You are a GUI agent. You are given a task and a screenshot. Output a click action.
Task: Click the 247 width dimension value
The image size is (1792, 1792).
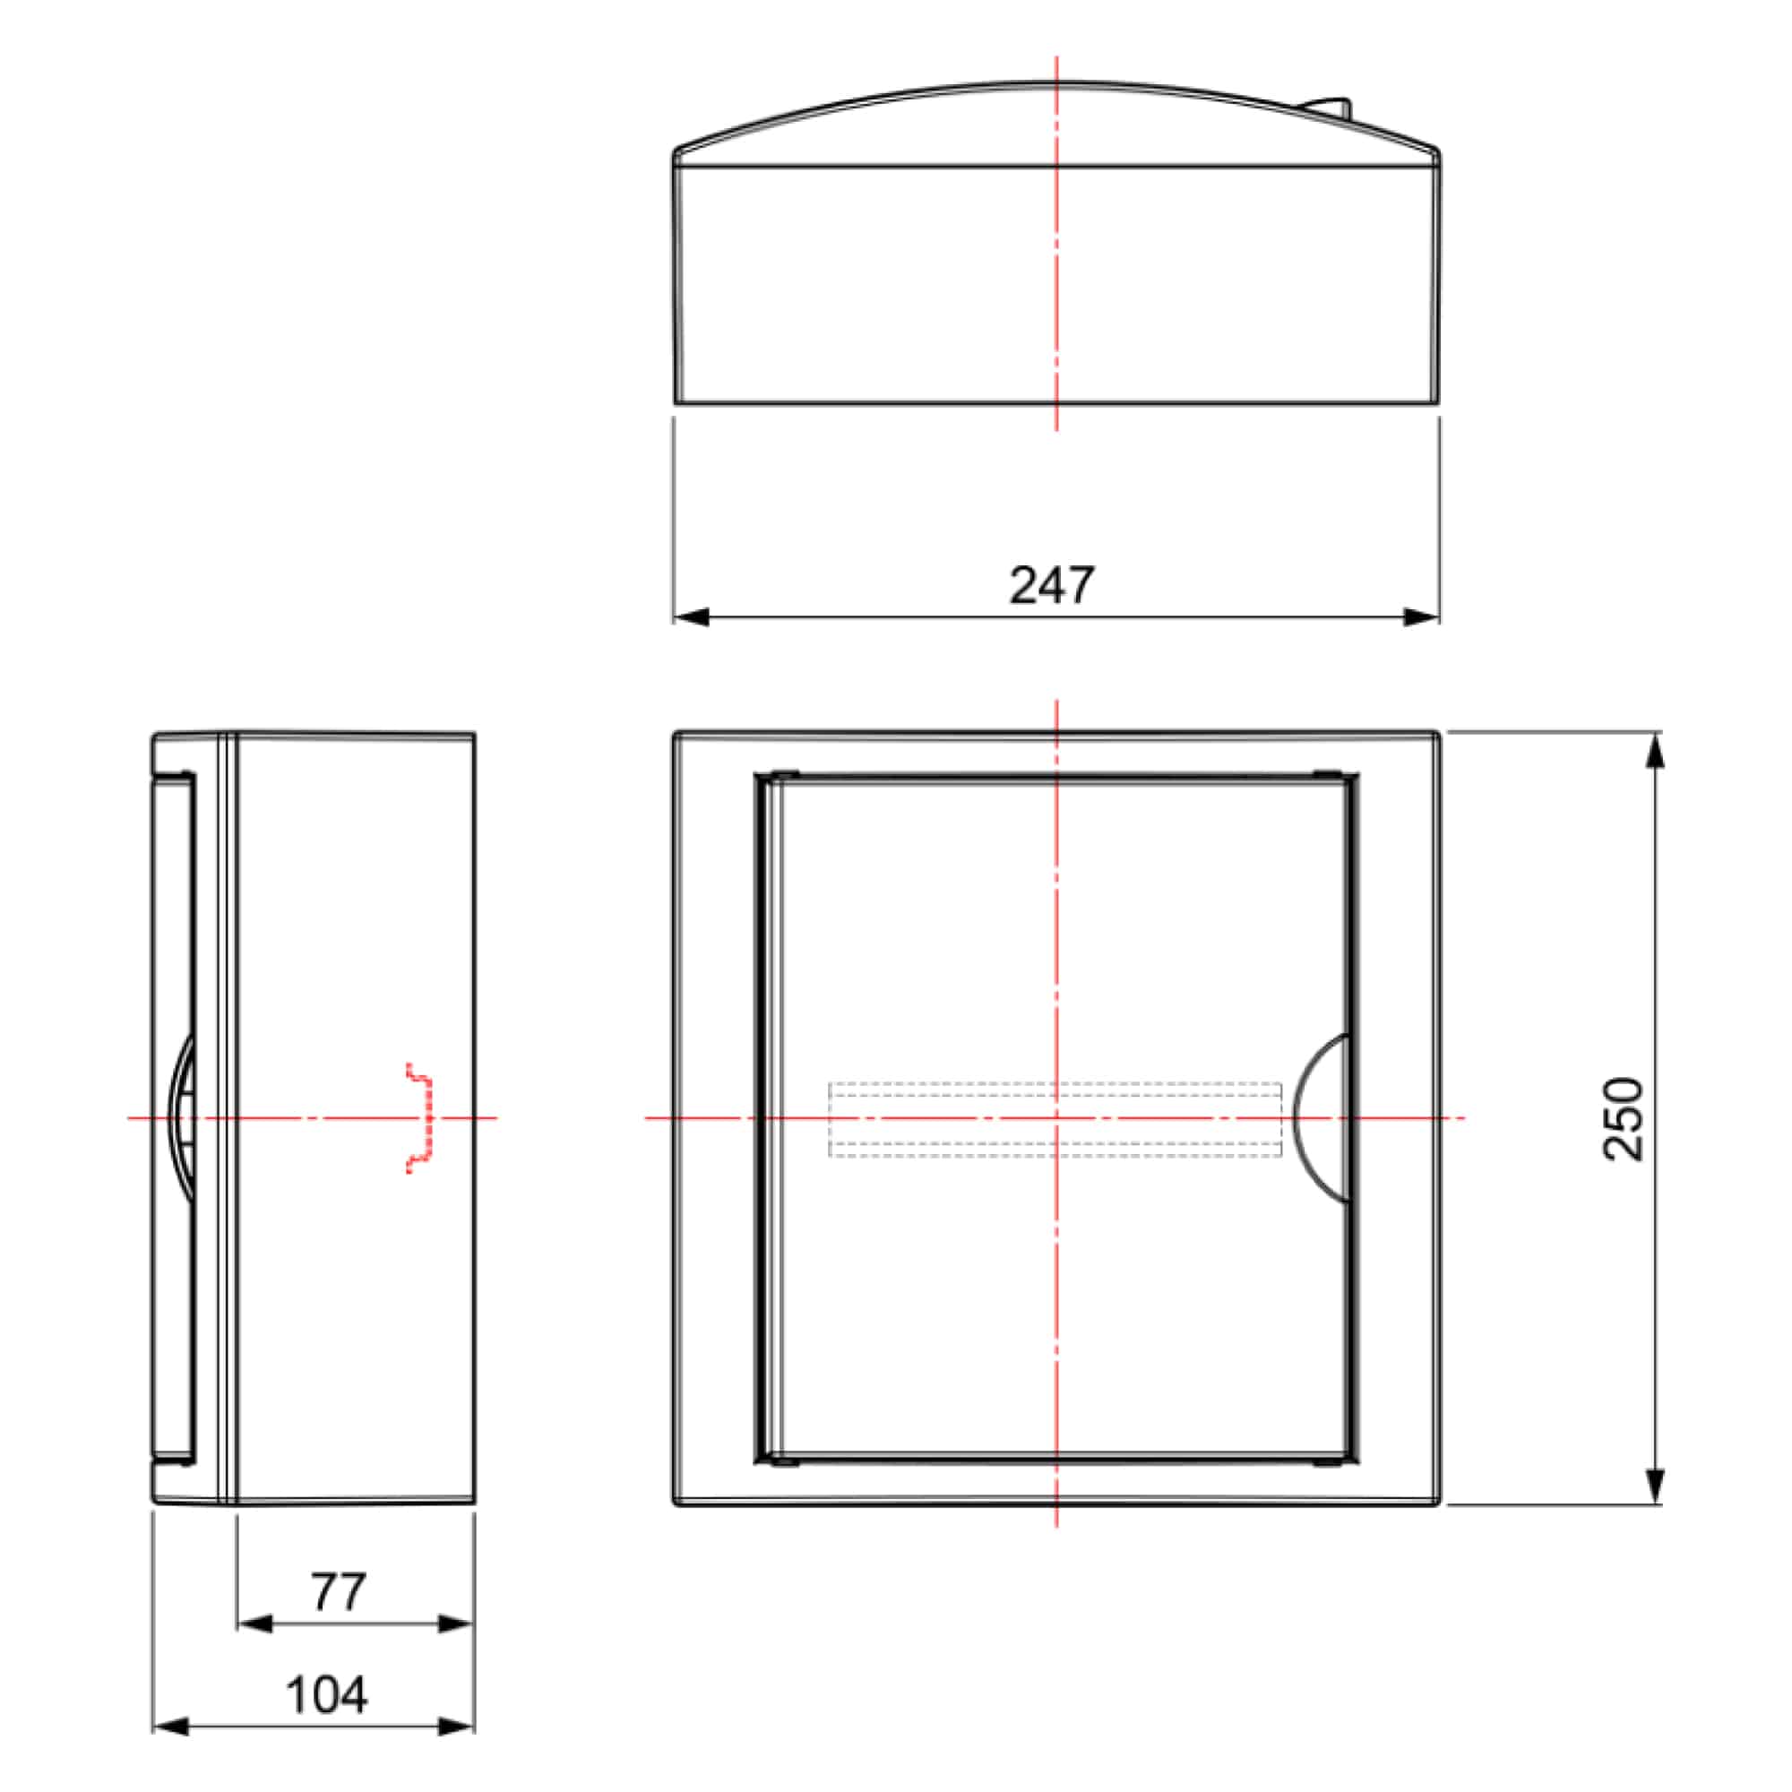1052,585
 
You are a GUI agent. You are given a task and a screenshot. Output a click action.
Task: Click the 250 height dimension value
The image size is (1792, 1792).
1624,1118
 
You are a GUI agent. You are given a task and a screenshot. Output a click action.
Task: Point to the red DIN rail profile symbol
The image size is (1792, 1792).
422,1118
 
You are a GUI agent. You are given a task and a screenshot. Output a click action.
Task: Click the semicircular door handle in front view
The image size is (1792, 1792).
1320,1118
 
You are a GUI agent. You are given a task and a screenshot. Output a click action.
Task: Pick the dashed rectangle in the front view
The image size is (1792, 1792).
1055,1119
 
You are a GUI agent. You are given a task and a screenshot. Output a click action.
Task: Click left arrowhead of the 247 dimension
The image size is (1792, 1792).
691,616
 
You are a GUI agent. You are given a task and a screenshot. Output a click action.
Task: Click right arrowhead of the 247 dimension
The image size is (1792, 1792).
1421,616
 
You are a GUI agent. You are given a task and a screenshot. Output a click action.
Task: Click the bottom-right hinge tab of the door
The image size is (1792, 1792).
1327,1463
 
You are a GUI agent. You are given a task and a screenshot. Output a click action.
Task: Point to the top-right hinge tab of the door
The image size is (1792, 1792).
1327,774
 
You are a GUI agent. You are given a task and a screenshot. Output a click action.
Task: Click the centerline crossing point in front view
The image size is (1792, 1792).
1056,1118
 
